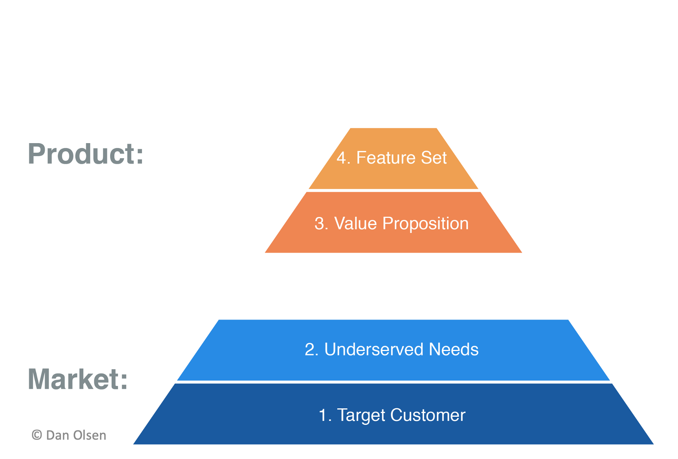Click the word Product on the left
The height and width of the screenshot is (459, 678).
81,154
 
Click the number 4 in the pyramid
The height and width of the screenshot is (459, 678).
342,158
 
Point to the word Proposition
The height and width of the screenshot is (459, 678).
425,224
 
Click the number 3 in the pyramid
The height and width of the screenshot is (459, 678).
319,224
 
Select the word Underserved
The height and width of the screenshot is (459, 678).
373,350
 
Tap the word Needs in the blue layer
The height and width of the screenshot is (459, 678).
453,350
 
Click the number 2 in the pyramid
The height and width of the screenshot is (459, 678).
310,350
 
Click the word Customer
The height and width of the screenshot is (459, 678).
428,415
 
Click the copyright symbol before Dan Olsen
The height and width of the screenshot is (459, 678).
37,435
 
